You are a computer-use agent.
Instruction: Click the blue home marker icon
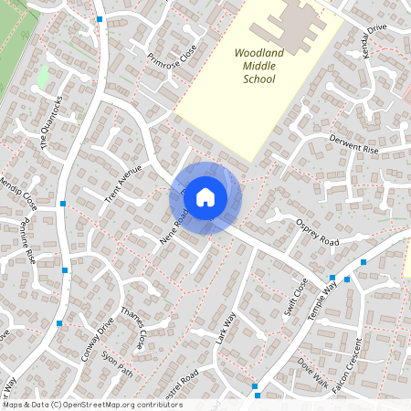pyautogui.click(x=205, y=197)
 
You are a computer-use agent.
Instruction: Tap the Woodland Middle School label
pyautogui.click(x=258, y=67)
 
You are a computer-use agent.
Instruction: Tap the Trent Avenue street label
pyautogui.click(x=124, y=184)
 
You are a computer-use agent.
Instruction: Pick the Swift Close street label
pyautogui.click(x=296, y=295)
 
